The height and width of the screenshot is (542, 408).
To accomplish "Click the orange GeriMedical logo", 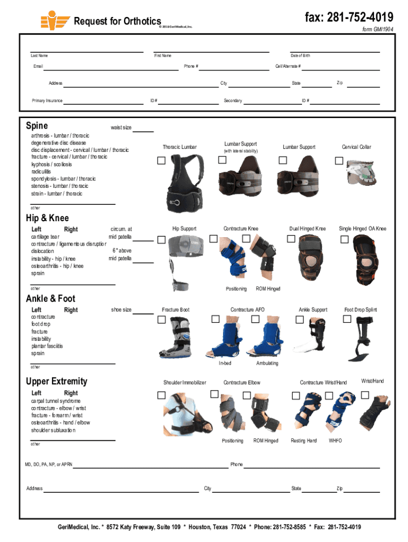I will click(55, 20).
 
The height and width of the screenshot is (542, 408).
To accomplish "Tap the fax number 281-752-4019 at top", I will click(349, 17).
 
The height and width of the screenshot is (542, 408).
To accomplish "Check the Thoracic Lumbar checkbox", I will click(161, 160).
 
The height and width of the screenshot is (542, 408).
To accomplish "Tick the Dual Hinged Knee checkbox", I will click(291, 239).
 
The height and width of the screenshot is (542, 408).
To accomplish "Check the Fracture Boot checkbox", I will click(161, 320).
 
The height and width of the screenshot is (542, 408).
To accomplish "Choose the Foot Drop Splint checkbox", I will click(347, 319).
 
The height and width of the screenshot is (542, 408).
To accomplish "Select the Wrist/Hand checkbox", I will click(365, 395).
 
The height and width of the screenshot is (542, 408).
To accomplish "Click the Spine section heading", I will click(37, 126).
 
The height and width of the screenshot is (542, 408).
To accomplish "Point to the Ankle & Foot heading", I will click(51, 299).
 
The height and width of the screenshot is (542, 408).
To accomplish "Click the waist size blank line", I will click(143, 131).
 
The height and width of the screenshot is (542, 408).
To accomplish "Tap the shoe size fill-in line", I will click(143, 313).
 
